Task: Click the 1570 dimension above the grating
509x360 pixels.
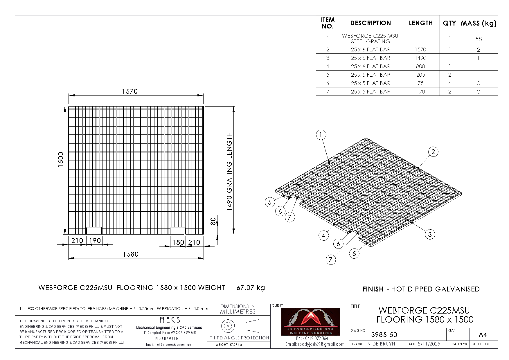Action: coord(130,91)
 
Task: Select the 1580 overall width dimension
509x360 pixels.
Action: coord(131,254)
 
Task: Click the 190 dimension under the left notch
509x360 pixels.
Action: coord(95,241)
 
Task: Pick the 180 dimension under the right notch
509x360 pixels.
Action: coord(178,242)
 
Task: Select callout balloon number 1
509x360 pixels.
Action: coord(321,135)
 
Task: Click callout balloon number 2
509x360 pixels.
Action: coord(433,152)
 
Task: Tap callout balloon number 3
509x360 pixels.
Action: coord(430,234)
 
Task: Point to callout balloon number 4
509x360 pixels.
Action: coord(323,236)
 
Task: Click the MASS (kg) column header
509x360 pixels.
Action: coord(479,23)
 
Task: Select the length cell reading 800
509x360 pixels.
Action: coord(420,66)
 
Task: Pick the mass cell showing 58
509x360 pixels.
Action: coord(479,39)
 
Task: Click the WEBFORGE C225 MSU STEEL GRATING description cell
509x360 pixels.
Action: coord(370,39)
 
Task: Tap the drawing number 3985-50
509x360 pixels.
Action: coord(384,335)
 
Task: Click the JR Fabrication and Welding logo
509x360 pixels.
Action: coord(310,322)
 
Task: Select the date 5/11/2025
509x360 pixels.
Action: coord(429,344)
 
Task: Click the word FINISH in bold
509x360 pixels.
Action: coord(373,289)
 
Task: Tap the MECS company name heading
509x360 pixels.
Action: coord(170,320)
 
